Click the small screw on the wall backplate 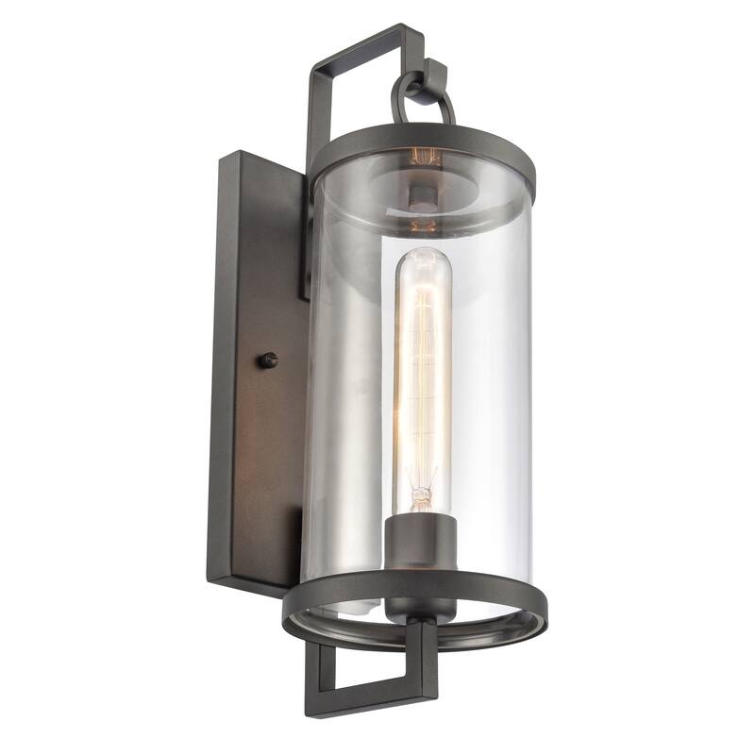pyautogui.click(x=269, y=359)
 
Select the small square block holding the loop pyautogui.click(x=435, y=70)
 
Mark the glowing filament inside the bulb pyautogui.click(x=417, y=377)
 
